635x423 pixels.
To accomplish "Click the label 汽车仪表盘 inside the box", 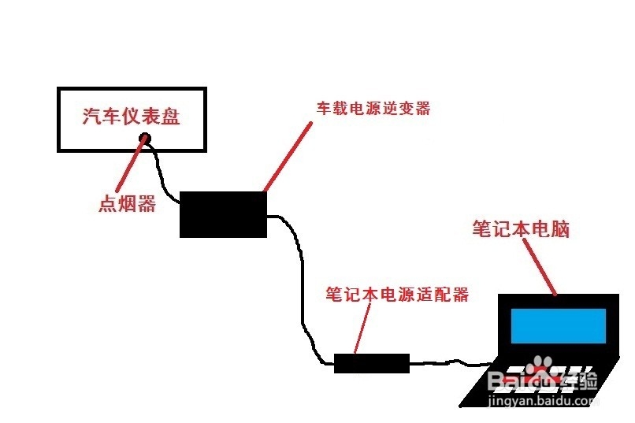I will (x=132, y=117).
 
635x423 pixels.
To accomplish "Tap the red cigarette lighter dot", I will (x=144, y=140).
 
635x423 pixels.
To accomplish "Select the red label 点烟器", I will (x=126, y=204).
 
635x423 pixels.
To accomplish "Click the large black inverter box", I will (x=223, y=214).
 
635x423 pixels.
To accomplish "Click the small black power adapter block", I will (x=372, y=363).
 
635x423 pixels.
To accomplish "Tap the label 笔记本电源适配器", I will (x=397, y=295).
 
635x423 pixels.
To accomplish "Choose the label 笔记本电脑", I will (x=521, y=229).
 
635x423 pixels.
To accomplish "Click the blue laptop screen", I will (x=558, y=325).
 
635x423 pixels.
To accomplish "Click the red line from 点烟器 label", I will (x=131, y=169).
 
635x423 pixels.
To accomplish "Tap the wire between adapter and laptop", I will (x=449, y=363).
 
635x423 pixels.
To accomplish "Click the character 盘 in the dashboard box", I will (x=171, y=117).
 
